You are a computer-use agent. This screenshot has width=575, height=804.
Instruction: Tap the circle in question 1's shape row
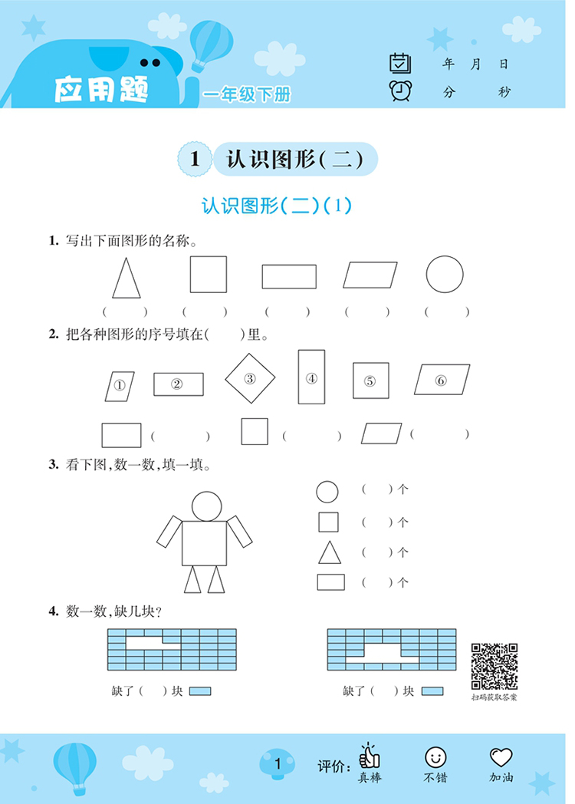click(445, 274)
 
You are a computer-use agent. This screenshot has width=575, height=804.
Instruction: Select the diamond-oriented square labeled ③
click(250, 379)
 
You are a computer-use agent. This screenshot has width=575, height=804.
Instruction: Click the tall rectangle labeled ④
click(311, 377)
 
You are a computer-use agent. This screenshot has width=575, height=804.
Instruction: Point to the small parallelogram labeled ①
click(120, 386)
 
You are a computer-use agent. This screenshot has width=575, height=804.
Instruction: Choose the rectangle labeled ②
click(178, 384)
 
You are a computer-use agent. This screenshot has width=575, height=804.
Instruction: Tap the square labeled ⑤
click(370, 381)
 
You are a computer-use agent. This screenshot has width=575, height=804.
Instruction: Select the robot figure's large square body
click(204, 542)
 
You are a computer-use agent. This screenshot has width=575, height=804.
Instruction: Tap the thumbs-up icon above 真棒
click(370, 756)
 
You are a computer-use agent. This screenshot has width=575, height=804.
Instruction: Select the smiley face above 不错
click(435, 757)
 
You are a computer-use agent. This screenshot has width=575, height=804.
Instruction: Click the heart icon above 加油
click(501, 757)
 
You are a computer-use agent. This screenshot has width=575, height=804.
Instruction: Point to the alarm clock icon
click(399, 91)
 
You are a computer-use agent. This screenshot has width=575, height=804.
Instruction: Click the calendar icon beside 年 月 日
click(399, 63)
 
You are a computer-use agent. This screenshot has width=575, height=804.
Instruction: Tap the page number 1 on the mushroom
click(278, 763)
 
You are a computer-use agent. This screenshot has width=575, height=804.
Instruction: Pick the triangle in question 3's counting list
click(329, 552)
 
